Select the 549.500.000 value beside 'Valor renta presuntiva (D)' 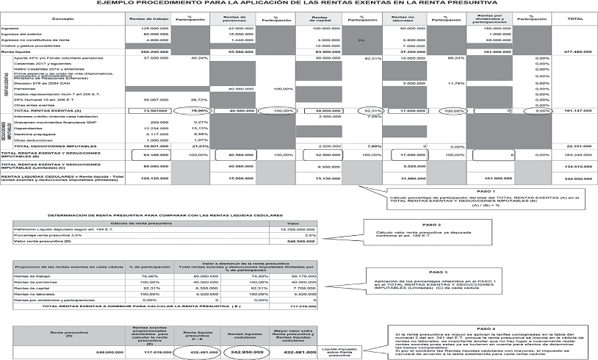click(297, 241)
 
